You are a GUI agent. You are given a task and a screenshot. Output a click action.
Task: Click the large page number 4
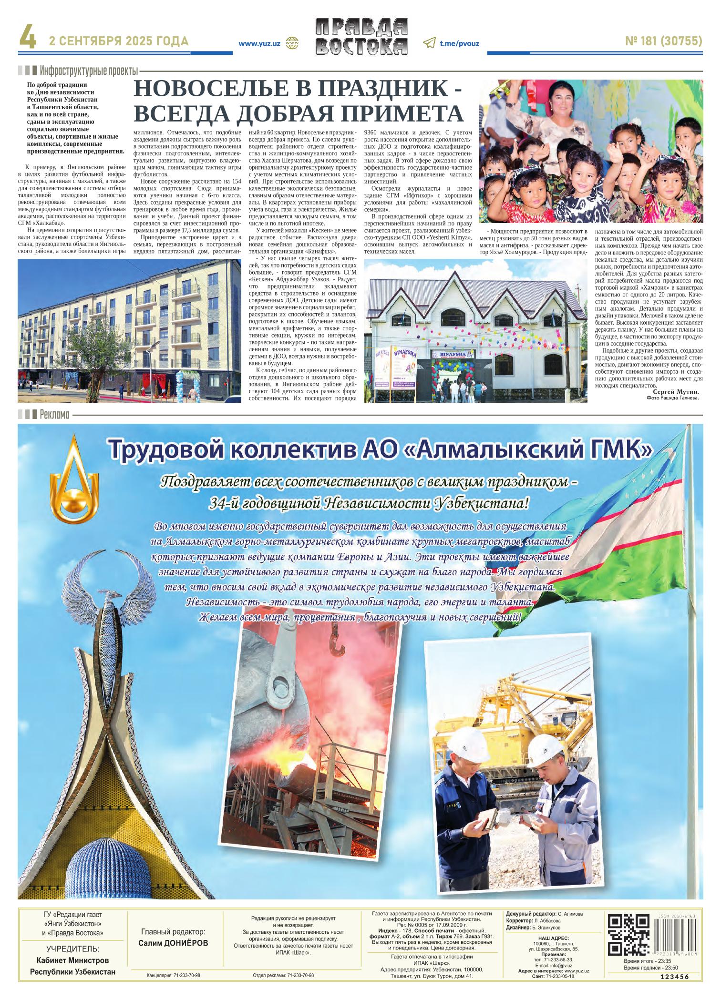[x=28, y=38]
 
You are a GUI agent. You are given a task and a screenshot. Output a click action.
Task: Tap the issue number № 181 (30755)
[x=663, y=42]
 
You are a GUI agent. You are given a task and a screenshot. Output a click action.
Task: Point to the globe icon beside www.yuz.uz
[x=291, y=43]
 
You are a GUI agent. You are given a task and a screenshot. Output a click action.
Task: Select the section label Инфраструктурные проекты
[x=89, y=71]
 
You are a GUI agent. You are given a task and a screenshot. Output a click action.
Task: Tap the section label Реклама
[x=55, y=414]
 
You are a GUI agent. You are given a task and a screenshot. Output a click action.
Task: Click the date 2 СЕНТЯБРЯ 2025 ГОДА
[x=119, y=41]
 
